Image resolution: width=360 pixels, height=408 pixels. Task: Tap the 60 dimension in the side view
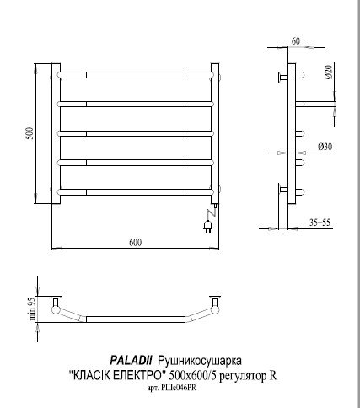pyautogui.click(x=295, y=39)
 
